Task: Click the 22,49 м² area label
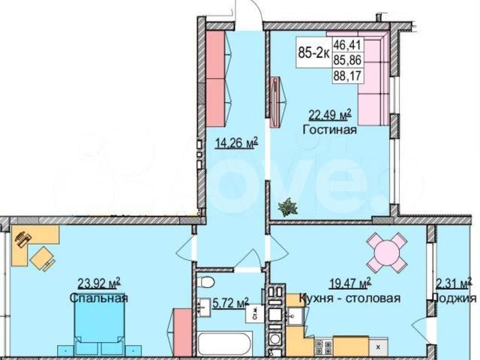(x=330, y=115)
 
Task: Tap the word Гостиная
(x=330, y=130)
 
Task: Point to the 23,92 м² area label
(x=99, y=283)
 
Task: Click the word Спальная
(x=98, y=298)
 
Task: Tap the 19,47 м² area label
(x=350, y=283)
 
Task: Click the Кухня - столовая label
(x=349, y=298)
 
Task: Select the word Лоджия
(x=454, y=298)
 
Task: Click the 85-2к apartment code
(x=313, y=53)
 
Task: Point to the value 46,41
(x=348, y=45)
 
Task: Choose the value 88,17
(x=348, y=75)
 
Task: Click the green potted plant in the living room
(x=288, y=207)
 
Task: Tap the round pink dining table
(x=387, y=253)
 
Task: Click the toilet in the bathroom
(x=205, y=282)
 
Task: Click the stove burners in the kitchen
(x=324, y=347)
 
